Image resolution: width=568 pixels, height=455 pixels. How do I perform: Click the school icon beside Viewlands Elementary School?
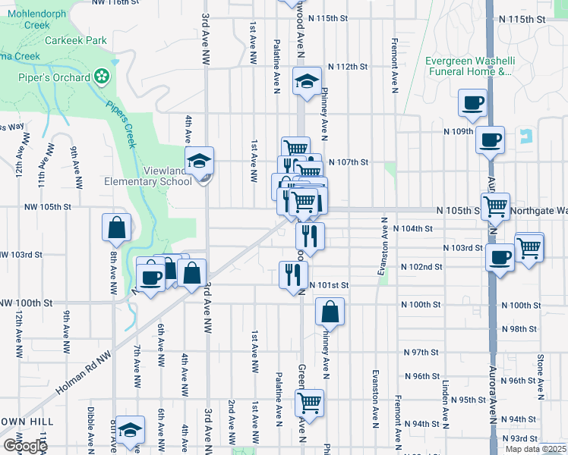(x=200, y=161)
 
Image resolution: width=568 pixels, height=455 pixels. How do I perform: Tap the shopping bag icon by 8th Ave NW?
(x=117, y=227)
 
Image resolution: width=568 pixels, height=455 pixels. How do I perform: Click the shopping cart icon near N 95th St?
(x=309, y=402)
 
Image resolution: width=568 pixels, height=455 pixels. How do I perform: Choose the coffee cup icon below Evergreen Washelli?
(x=472, y=102)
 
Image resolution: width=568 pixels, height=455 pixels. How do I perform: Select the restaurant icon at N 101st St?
(x=292, y=274)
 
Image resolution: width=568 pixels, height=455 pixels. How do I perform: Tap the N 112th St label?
(x=347, y=67)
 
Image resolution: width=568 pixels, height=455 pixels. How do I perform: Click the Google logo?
(x=24, y=446)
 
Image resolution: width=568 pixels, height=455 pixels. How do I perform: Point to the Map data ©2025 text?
(x=536, y=449)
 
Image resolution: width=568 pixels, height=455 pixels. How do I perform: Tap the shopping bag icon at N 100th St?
(x=330, y=311)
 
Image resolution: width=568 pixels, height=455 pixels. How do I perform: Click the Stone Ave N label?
(x=540, y=376)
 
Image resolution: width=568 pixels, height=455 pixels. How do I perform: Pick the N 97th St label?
(x=421, y=353)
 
